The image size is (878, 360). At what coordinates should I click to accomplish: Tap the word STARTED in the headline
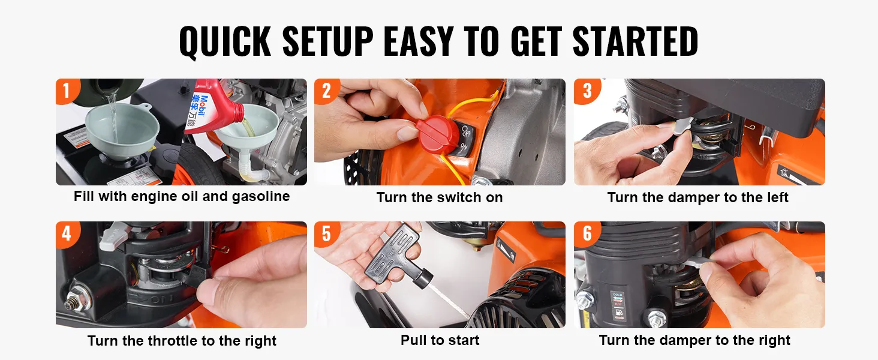[x=635, y=41]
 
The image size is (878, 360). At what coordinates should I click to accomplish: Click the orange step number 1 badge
[x=67, y=91]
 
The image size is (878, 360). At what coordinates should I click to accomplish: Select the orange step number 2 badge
[x=326, y=91]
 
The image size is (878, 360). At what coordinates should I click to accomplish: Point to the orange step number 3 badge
[x=587, y=91]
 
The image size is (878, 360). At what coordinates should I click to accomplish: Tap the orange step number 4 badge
[x=67, y=234]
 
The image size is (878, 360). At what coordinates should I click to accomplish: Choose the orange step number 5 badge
[x=326, y=234]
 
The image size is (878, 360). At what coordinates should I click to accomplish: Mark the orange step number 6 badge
[x=587, y=234]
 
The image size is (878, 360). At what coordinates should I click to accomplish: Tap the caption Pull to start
[x=440, y=340]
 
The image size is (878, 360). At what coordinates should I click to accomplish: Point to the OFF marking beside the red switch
[x=465, y=131]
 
